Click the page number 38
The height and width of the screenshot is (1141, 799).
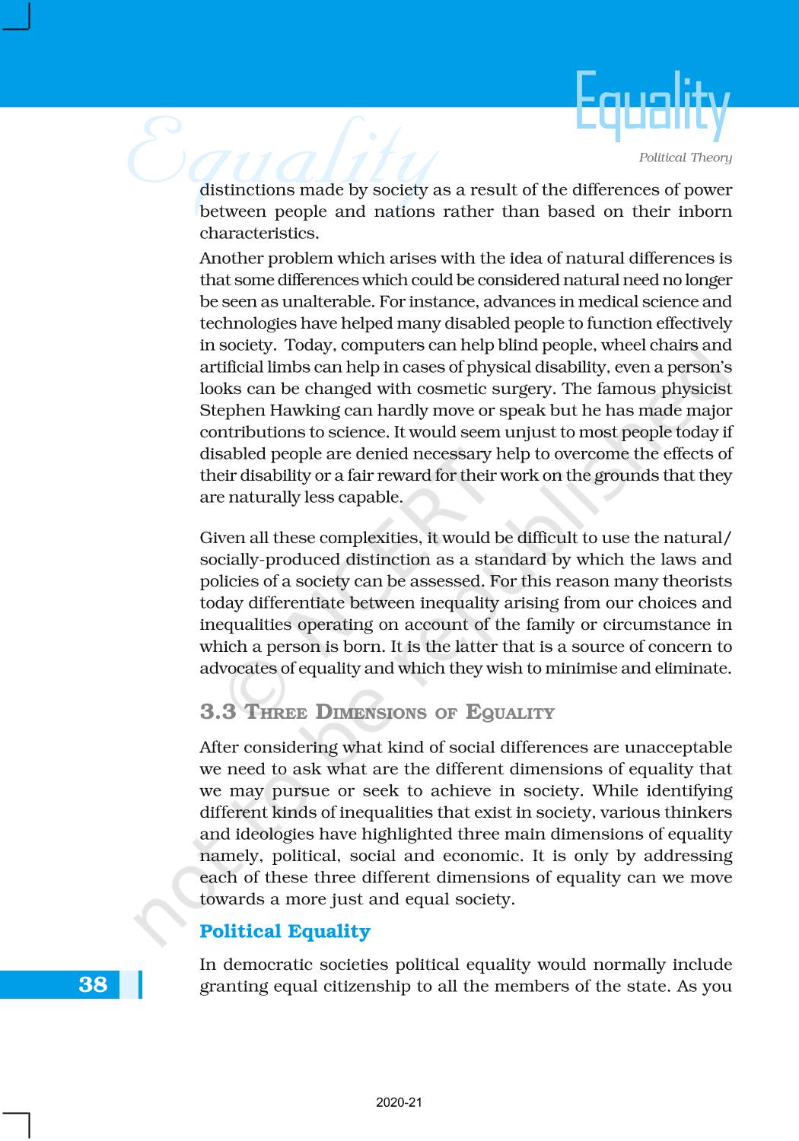coord(93,984)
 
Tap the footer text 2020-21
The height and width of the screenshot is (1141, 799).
coord(399,1102)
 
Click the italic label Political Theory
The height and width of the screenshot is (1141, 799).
coord(685,157)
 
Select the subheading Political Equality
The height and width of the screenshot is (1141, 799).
coord(285,931)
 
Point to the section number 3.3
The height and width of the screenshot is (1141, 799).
coord(218,712)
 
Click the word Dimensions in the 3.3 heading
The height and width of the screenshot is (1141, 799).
coord(371,713)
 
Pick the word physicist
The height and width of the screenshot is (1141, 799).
coord(696,389)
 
